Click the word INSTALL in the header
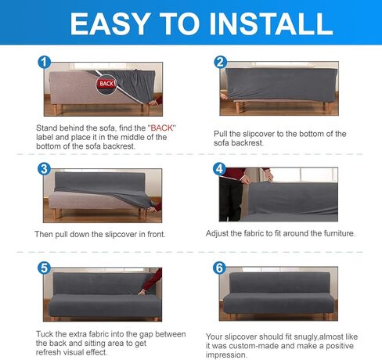click(x=271, y=23)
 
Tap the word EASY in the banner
click(x=110, y=23)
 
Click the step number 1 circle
click(x=45, y=63)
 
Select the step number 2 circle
click(x=221, y=62)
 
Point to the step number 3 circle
click(x=44, y=169)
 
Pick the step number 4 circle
click(x=220, y=169)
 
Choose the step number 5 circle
click(x=44, y=268)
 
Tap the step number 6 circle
click(x=219, y=268)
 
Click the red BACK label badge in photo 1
click(x=106, y=84)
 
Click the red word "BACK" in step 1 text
click(x=162, y=128)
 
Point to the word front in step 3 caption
click(x=156, y=234)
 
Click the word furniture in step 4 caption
click(x=339, y=233)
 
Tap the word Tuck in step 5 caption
click(x=45, y=334)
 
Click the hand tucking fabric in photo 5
click(x=143, y=291)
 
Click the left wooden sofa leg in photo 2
click(x=238, y=107)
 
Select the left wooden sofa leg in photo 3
click(x=56, y=214)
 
